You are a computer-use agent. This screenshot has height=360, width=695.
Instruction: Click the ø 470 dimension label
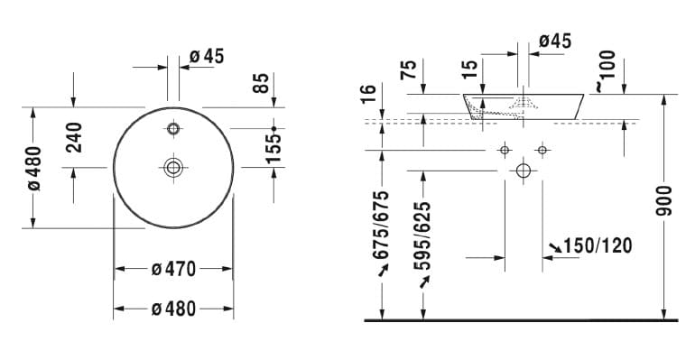(x=173, y=269)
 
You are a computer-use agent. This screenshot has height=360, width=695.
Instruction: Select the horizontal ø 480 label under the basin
(x=173, y=309)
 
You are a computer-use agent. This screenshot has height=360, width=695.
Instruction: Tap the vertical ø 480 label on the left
(x=34, y=169)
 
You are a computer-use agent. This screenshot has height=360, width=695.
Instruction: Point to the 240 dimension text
(x=74, y=138)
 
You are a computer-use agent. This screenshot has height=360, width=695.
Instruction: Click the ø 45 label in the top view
(x=207, y=56)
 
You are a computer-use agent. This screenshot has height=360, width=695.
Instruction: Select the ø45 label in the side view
(x=555, y=41)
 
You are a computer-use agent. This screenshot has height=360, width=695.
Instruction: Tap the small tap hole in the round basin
(x=173, y=129)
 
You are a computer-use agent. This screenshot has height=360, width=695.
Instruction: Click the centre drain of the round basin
(x=173, y=168)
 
